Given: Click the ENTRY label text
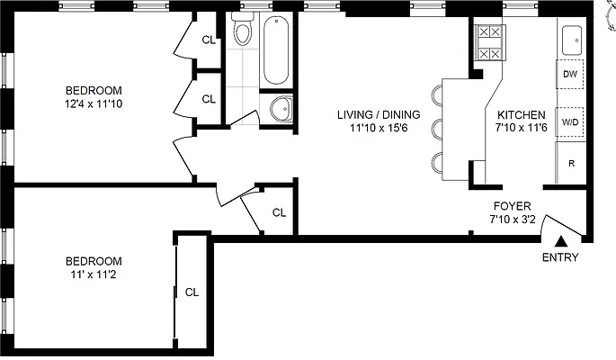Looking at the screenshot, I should click(560, 258).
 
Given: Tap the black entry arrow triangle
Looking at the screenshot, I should click(560, 240).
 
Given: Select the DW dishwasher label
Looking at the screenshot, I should click(569, 75).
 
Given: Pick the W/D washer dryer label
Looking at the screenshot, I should click(569, 121).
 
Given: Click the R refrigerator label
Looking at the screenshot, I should click(570, 163).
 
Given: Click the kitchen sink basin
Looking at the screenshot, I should click(572, 40).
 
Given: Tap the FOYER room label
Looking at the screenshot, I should click(511, 204).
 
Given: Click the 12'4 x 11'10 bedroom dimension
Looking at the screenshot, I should click(94, 104).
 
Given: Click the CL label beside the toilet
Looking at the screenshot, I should click(209, 40).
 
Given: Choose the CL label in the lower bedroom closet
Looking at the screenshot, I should click(192, 292).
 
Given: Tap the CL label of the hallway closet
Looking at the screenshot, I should click(279, 213).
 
